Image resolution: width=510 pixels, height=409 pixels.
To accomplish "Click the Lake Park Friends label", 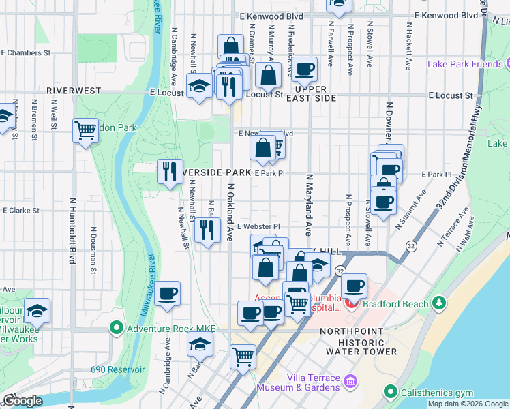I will (464, 65).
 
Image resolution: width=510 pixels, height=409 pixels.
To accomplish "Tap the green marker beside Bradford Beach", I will (440, 303).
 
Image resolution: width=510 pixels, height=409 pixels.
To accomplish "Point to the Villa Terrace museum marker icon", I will (351, 380).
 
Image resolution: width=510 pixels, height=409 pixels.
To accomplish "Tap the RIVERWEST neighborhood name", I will (74, 90).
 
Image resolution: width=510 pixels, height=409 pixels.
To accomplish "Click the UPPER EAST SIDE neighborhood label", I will (315, 94).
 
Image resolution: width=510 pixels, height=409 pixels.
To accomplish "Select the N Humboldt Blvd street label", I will (72, 230).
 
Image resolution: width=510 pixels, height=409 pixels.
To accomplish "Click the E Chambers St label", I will (27, 52).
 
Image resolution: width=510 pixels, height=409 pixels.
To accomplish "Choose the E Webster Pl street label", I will (258, 226).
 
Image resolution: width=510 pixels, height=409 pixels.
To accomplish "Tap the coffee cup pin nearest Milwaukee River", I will (168, 294).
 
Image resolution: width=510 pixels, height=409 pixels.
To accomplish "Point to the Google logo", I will (22, 401).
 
